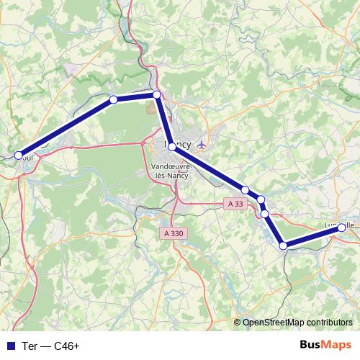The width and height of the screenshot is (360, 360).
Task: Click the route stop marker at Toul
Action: (19, 155)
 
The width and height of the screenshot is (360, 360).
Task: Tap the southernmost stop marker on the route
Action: (284, 246)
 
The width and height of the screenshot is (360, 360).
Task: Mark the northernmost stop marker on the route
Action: (156, 95)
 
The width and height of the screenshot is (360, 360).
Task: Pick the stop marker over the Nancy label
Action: (172, 146)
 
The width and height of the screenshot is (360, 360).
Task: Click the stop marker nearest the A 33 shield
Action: (246, 190)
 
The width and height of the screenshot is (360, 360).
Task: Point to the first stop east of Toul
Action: (113, 99)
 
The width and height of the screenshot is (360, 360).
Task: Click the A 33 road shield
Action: (235, 204)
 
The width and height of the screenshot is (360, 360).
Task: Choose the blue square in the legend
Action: (10, 346)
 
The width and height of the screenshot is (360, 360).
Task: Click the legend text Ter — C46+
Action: (51, 346)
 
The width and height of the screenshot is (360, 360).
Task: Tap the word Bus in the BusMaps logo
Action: (311, 345)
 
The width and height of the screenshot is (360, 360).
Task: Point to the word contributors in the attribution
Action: (327, 323)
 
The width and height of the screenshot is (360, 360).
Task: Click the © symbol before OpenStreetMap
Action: (238, 323)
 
